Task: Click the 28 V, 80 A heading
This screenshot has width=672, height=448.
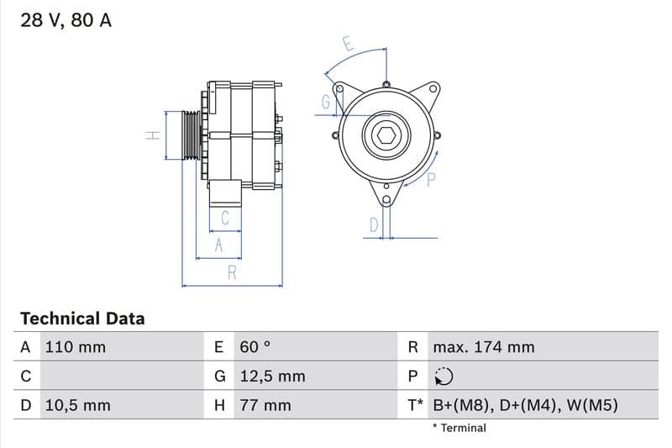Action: pos(66,20)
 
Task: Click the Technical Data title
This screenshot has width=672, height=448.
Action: pos(82,319)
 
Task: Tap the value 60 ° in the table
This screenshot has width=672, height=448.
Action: pos(255,347)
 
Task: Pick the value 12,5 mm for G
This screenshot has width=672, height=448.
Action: pos(272,377)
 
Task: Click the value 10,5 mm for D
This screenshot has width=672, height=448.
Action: pos(76,405)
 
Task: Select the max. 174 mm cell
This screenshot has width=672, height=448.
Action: pos(483,347)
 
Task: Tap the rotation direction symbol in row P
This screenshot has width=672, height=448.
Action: pos(444,377)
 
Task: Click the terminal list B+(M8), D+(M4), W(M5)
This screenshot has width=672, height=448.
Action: pos(525,405)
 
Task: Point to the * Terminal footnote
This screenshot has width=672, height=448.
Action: pos(459,428)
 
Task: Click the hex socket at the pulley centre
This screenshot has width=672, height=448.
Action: pos(386,134)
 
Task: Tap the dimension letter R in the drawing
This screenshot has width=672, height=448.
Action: pos(232,272)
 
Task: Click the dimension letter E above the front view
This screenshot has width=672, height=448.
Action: pos(348,43)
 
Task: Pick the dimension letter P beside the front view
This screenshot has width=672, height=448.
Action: pos(432,178)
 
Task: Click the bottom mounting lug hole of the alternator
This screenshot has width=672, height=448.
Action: pos(386,199)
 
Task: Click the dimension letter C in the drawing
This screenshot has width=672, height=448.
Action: pos(225,219)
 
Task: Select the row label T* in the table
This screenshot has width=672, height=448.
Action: pos(415,405)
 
